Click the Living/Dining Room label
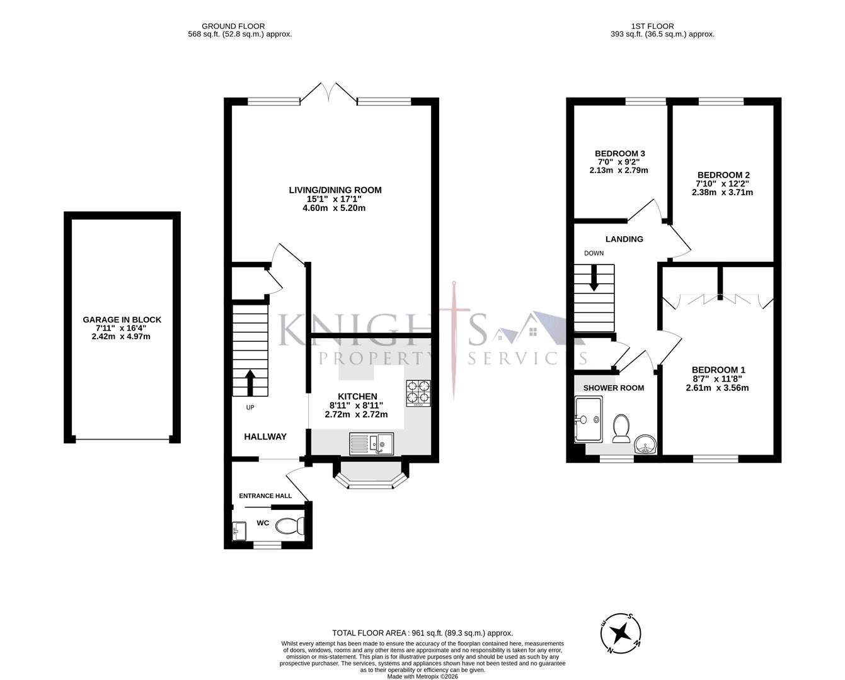335,190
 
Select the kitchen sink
371,444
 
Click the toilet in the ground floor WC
291,525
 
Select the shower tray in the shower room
589,419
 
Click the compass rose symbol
621,632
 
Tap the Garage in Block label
122,320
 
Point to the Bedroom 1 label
718,370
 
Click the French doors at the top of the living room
328,93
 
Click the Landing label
624,239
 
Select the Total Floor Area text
422,633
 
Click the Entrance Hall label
265,496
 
